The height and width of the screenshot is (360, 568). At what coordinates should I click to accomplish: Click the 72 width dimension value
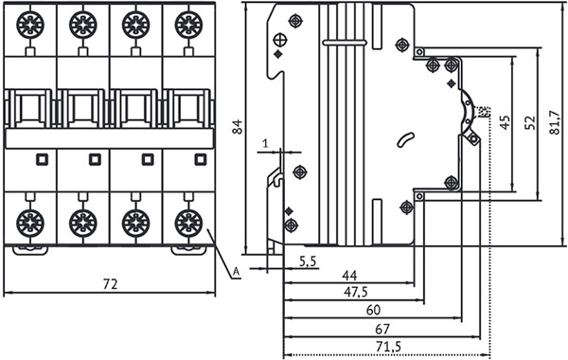(110, 284)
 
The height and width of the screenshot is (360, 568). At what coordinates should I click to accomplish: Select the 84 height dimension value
(238, 127)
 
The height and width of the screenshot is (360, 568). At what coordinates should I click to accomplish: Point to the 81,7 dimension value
(555, 122)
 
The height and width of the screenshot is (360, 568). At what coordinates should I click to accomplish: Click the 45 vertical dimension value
(505, 122)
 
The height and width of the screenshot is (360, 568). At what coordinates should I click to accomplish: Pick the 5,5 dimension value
(308, 261)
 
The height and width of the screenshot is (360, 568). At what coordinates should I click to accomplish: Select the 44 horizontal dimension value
(349, 276)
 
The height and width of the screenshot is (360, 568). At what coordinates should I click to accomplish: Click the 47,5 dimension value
(355, 292)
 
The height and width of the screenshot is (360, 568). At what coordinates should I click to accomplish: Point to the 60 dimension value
(374, 310)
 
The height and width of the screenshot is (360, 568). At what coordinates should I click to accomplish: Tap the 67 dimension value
(382, 329)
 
